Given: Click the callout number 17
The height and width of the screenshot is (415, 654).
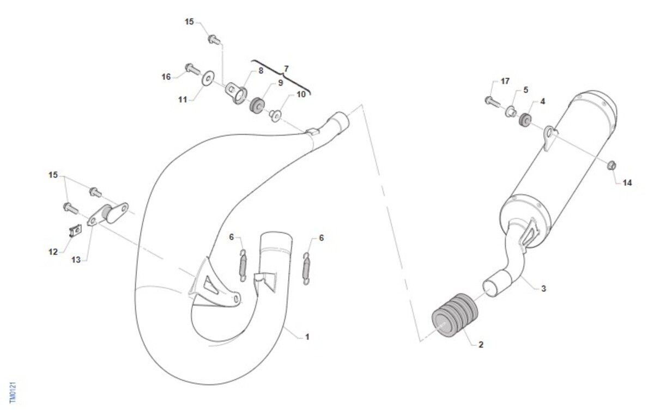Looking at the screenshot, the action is click(505, 81).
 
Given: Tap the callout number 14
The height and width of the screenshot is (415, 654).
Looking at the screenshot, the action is click(627, 183).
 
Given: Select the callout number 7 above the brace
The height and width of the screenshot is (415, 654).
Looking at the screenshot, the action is click(286, 69).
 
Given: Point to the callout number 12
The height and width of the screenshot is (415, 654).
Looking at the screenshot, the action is click(53, 252).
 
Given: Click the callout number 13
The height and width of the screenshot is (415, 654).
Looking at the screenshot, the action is click(76, 259).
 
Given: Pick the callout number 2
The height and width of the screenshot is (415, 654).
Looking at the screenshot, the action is click(481, 345).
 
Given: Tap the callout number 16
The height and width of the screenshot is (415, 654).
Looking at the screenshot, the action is click(166, 77).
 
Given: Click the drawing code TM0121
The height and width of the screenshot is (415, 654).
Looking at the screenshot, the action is click(13, 393).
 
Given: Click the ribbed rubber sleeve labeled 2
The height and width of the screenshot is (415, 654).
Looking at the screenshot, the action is click(455, 315).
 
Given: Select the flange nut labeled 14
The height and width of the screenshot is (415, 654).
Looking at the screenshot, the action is click(611, 166).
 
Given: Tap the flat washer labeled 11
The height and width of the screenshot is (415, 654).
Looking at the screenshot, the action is click(208, 78).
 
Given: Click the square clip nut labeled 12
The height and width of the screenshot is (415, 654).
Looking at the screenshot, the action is click(75, 231).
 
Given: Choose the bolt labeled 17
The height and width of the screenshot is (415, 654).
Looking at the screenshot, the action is click(492, 101).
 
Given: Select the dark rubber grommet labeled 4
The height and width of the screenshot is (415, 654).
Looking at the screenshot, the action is click(525, 120).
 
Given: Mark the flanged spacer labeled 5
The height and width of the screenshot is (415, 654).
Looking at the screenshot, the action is click(511, 112).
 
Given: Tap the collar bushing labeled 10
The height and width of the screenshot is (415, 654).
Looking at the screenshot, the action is click(275, 115).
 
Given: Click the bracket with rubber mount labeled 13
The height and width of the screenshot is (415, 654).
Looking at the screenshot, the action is click(108, 215).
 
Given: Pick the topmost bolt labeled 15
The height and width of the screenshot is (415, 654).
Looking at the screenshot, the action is click(214, 39).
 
